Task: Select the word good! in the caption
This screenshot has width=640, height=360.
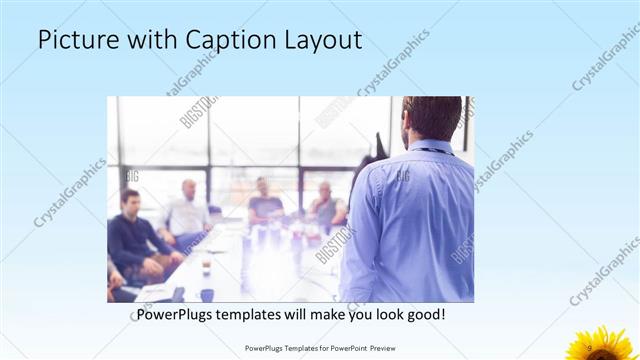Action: point(423,314)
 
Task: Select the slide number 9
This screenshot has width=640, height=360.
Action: point(590,347)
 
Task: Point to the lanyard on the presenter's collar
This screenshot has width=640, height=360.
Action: point(430,150)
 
